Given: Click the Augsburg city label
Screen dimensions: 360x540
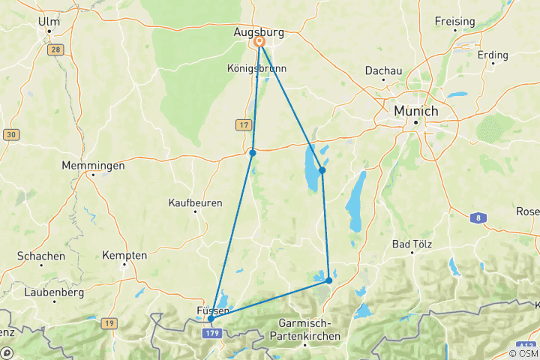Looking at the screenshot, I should point(259,33).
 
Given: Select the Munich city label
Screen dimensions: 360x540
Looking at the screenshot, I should point(415,110).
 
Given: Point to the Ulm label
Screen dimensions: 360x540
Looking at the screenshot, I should point(48,22).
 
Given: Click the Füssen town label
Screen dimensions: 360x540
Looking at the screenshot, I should point(212,310).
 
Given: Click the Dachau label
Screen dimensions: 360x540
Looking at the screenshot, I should point(383,70).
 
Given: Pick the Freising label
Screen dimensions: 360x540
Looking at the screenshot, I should point(454,22).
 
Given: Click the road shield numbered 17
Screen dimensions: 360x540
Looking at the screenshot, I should point(244,124).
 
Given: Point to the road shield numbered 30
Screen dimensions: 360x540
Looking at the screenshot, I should point(11,134).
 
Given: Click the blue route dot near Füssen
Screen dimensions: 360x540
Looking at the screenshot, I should point(211,319).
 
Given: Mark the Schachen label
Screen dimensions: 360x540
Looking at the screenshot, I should point(40,256).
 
